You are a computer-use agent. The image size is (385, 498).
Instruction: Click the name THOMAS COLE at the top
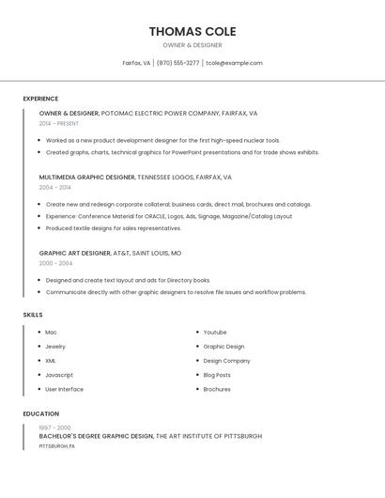(x=192, y=31)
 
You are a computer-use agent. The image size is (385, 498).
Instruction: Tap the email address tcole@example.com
(x=234, y=63)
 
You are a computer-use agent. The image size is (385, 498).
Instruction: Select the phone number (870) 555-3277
(x=177, y=63)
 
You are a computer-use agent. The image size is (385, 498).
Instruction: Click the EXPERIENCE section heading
(x=40, y=99)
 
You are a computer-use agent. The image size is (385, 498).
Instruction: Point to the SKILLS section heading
(x=33, y=315)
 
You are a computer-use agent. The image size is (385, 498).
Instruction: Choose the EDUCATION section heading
(x=39, y=413)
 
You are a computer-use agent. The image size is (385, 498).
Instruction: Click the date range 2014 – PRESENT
(x=59, y=123)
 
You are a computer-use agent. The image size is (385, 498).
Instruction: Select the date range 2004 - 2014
(x=55, y=187)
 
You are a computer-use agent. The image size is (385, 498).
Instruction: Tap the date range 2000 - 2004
(x=55, y=263)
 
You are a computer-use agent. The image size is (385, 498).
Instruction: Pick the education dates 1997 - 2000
(x=54, y=428)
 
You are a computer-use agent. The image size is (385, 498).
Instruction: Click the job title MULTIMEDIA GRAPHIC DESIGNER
(x=87, y=177)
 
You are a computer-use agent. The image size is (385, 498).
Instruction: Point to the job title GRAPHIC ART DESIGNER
(x=75, y=253)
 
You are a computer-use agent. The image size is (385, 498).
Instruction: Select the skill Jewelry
(x=55, y=347)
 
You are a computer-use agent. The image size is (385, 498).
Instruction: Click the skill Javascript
(x=59, y=375)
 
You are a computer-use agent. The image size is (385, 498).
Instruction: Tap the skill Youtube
(x=215, y=333)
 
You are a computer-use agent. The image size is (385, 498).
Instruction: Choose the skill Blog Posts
(x=217, y=375)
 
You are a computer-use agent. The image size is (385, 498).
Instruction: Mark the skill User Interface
(x=64, y=389)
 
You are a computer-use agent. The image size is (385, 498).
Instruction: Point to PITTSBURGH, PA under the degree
(x=57, y=445)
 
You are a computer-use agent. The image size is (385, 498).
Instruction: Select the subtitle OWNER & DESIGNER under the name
(x=192, y=45)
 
